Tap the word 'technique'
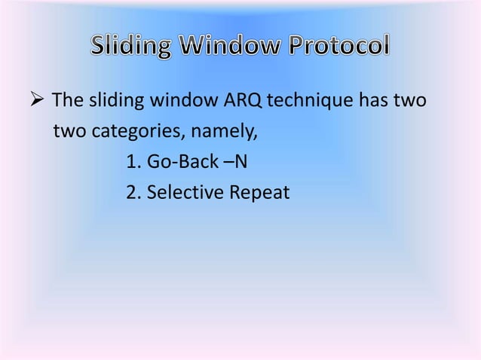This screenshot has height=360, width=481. point(298,103)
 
